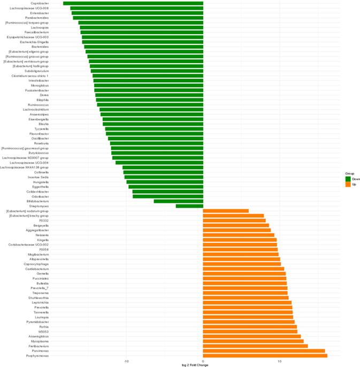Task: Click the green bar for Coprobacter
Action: coord(133,3)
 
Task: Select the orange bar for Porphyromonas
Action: coord(265,355)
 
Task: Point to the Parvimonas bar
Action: coord(264,350)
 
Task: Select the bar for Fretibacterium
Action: coord(255,346)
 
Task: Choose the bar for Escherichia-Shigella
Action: coord(143,42)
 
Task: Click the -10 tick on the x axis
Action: coord(126,362)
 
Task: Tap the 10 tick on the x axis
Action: coord(279,362)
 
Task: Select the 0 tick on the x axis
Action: coord(203,362)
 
